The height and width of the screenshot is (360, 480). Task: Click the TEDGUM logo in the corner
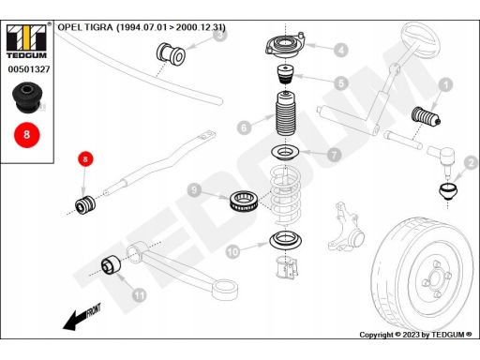coord(26,41)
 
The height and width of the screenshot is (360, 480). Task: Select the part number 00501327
coord(29,69)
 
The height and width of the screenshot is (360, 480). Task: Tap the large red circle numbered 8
coord(27,135)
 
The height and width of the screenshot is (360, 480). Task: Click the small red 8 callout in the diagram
coord(85,159)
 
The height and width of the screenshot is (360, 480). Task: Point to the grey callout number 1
coord(445,84)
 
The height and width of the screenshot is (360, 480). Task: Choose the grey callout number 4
coord(340,50)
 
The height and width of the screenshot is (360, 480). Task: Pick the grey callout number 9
coord(195,189)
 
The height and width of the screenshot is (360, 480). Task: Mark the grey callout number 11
coord(139,294)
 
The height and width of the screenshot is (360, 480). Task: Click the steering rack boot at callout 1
coord(427,116)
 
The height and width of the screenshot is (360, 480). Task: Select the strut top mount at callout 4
coord(285,46)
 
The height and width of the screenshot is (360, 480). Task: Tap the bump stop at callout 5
coord(286,74)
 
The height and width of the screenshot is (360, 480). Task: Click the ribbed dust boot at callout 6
coord(285,113)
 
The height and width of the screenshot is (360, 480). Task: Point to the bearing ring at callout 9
coord(243,201)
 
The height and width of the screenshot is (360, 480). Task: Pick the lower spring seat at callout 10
coord(286,240)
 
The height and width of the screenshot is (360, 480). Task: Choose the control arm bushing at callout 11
coord(111,265)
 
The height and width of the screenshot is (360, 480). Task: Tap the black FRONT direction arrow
coord(82,317)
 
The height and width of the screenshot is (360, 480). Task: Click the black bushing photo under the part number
coord(27,97)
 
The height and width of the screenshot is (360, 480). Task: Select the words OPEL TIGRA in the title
coord(85,27)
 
